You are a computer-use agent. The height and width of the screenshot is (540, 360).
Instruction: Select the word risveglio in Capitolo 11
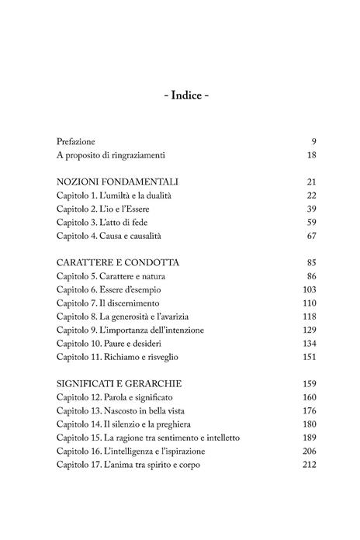pyautogui.click(x=164, y=359)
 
